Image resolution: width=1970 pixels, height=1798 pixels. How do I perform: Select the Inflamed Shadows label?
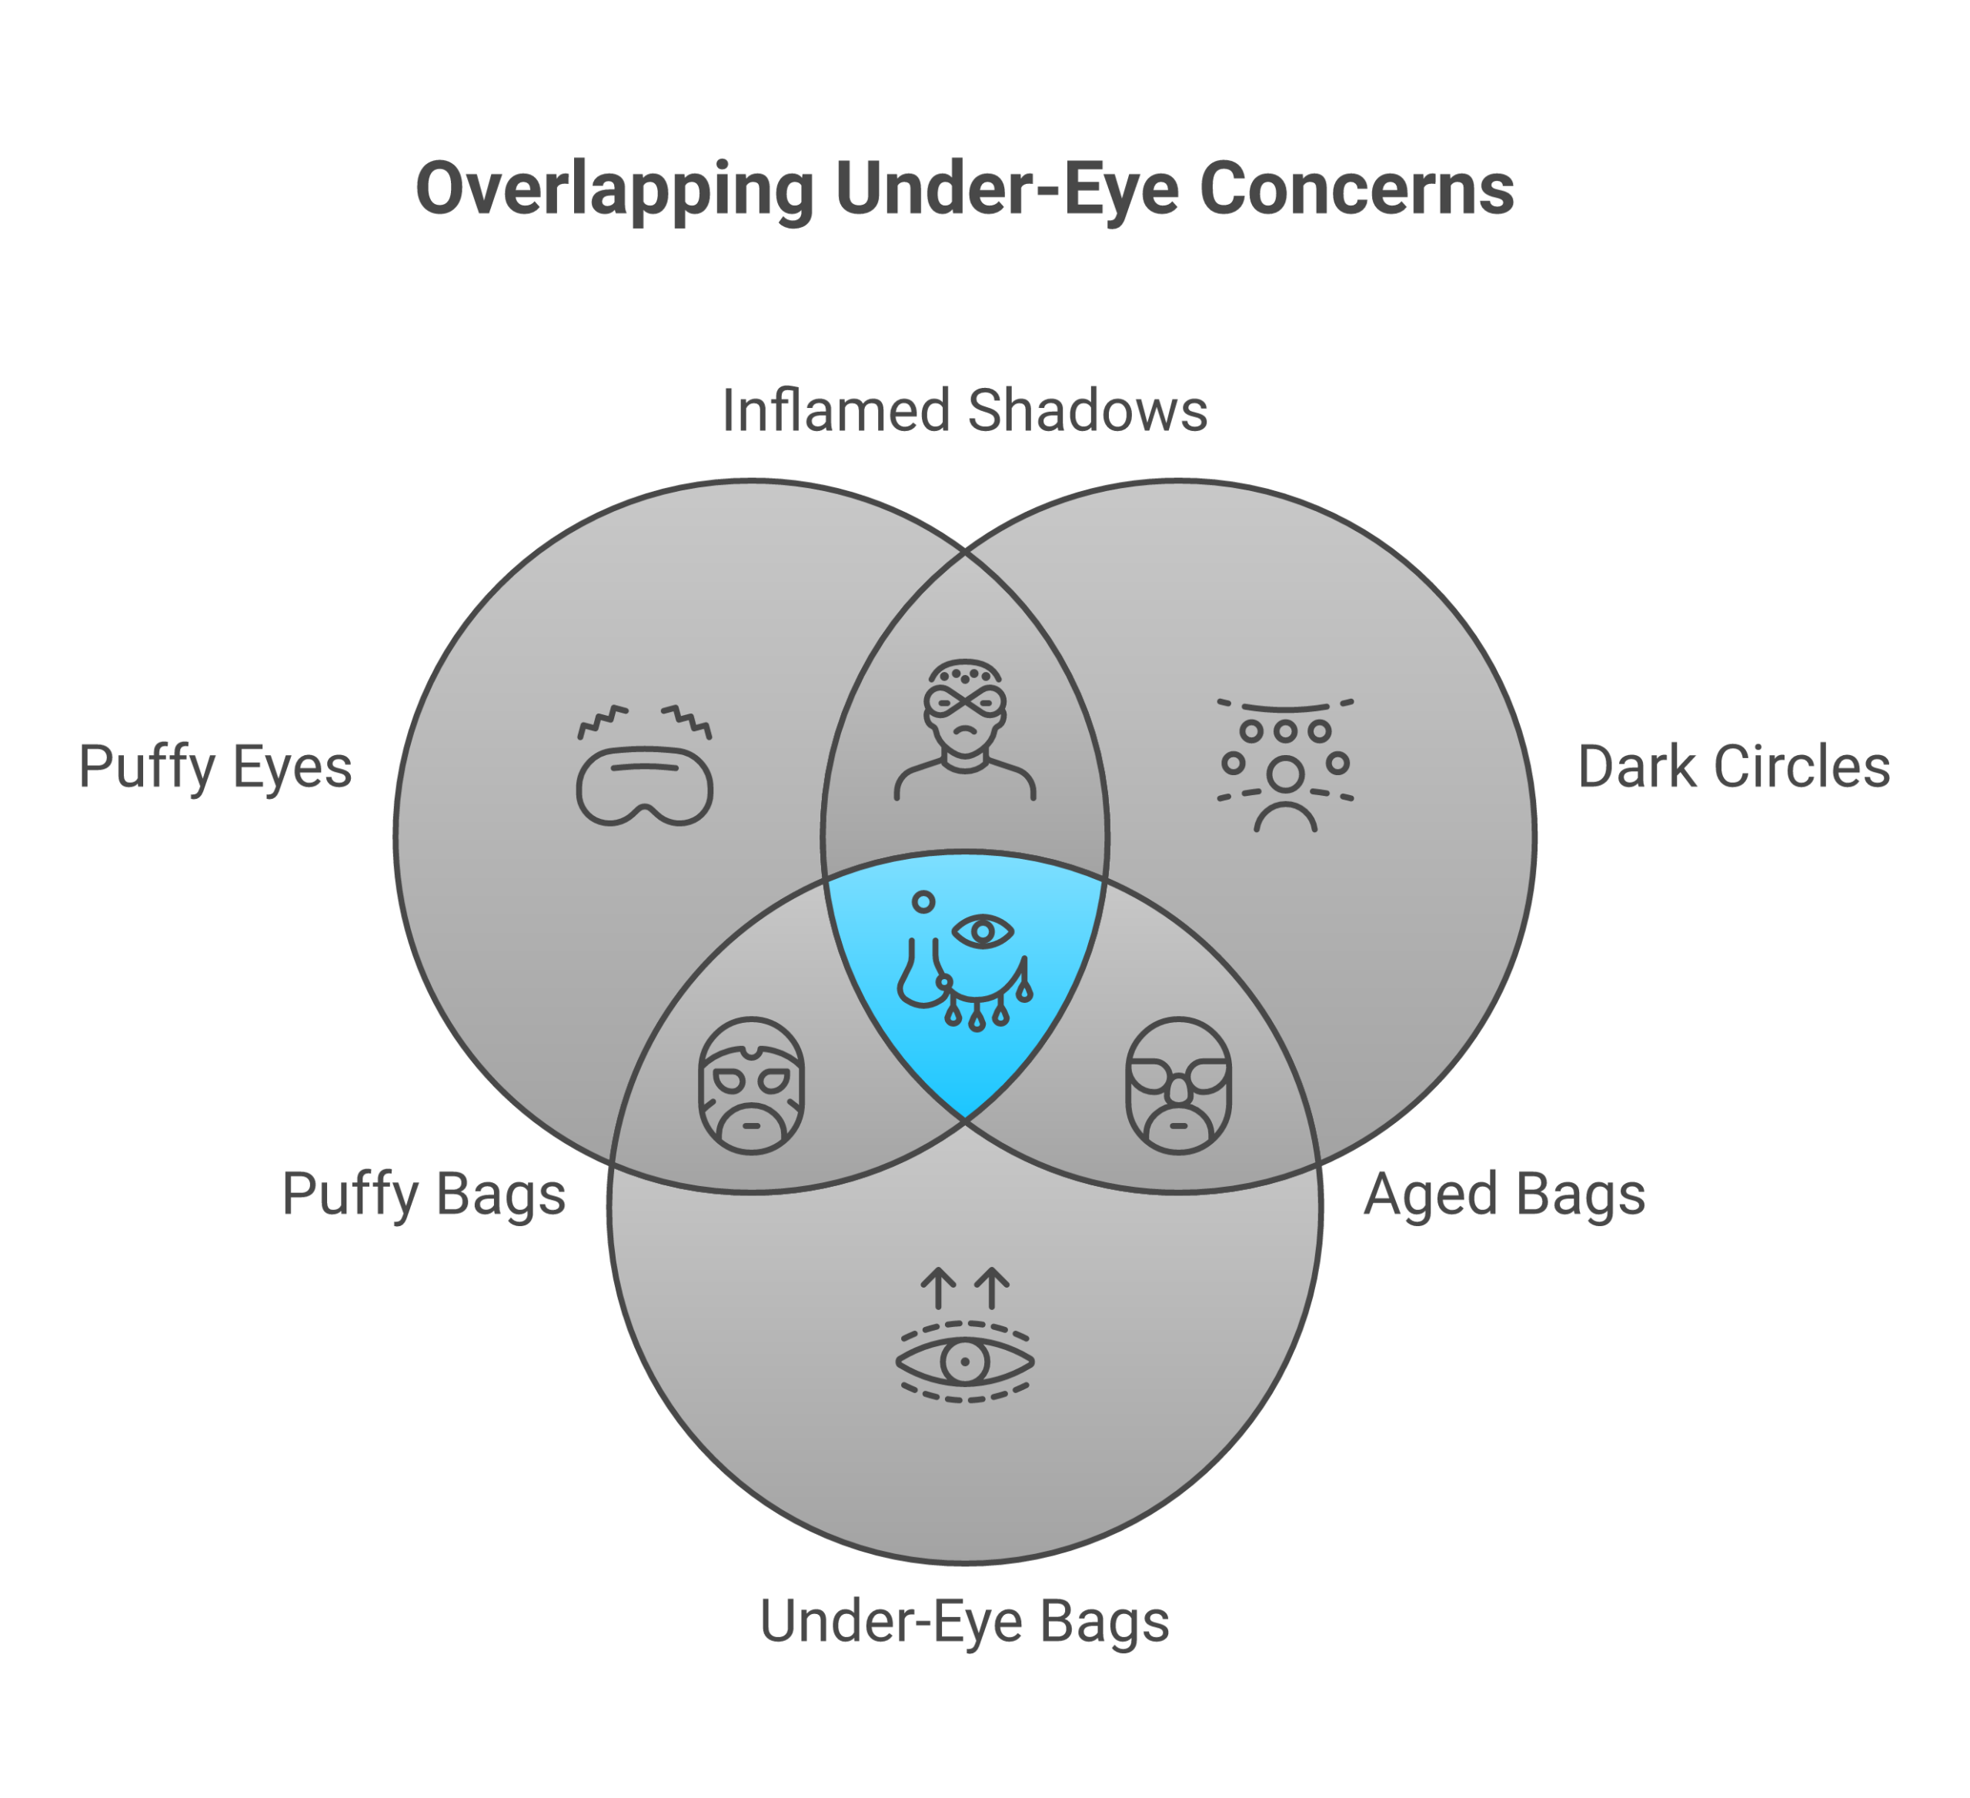(x=964, y=410)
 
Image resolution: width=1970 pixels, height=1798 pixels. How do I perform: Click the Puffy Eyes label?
(x=215, y=767)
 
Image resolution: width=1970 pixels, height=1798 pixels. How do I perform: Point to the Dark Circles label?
(x=1734, y=767)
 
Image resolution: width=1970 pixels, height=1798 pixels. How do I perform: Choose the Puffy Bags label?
(x=423, y=1193)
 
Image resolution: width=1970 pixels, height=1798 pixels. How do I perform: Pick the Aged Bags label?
(x=1505, y=1193)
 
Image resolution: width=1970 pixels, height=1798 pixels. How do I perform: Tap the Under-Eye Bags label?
(x=964, y=1621)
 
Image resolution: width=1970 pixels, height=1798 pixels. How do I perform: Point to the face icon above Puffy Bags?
(x=752, y=1085)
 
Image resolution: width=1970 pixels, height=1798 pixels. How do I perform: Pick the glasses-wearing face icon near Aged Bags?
(x=1178, y=1085)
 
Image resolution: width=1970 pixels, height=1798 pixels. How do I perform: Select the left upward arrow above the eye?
(x=939, y=1288)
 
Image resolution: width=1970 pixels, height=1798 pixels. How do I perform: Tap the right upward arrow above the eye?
(x=992, y=1288)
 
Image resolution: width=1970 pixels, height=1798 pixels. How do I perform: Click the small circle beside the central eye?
(x=923, y=902)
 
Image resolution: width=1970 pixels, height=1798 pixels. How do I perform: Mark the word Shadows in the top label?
(x=1087, y=410)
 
